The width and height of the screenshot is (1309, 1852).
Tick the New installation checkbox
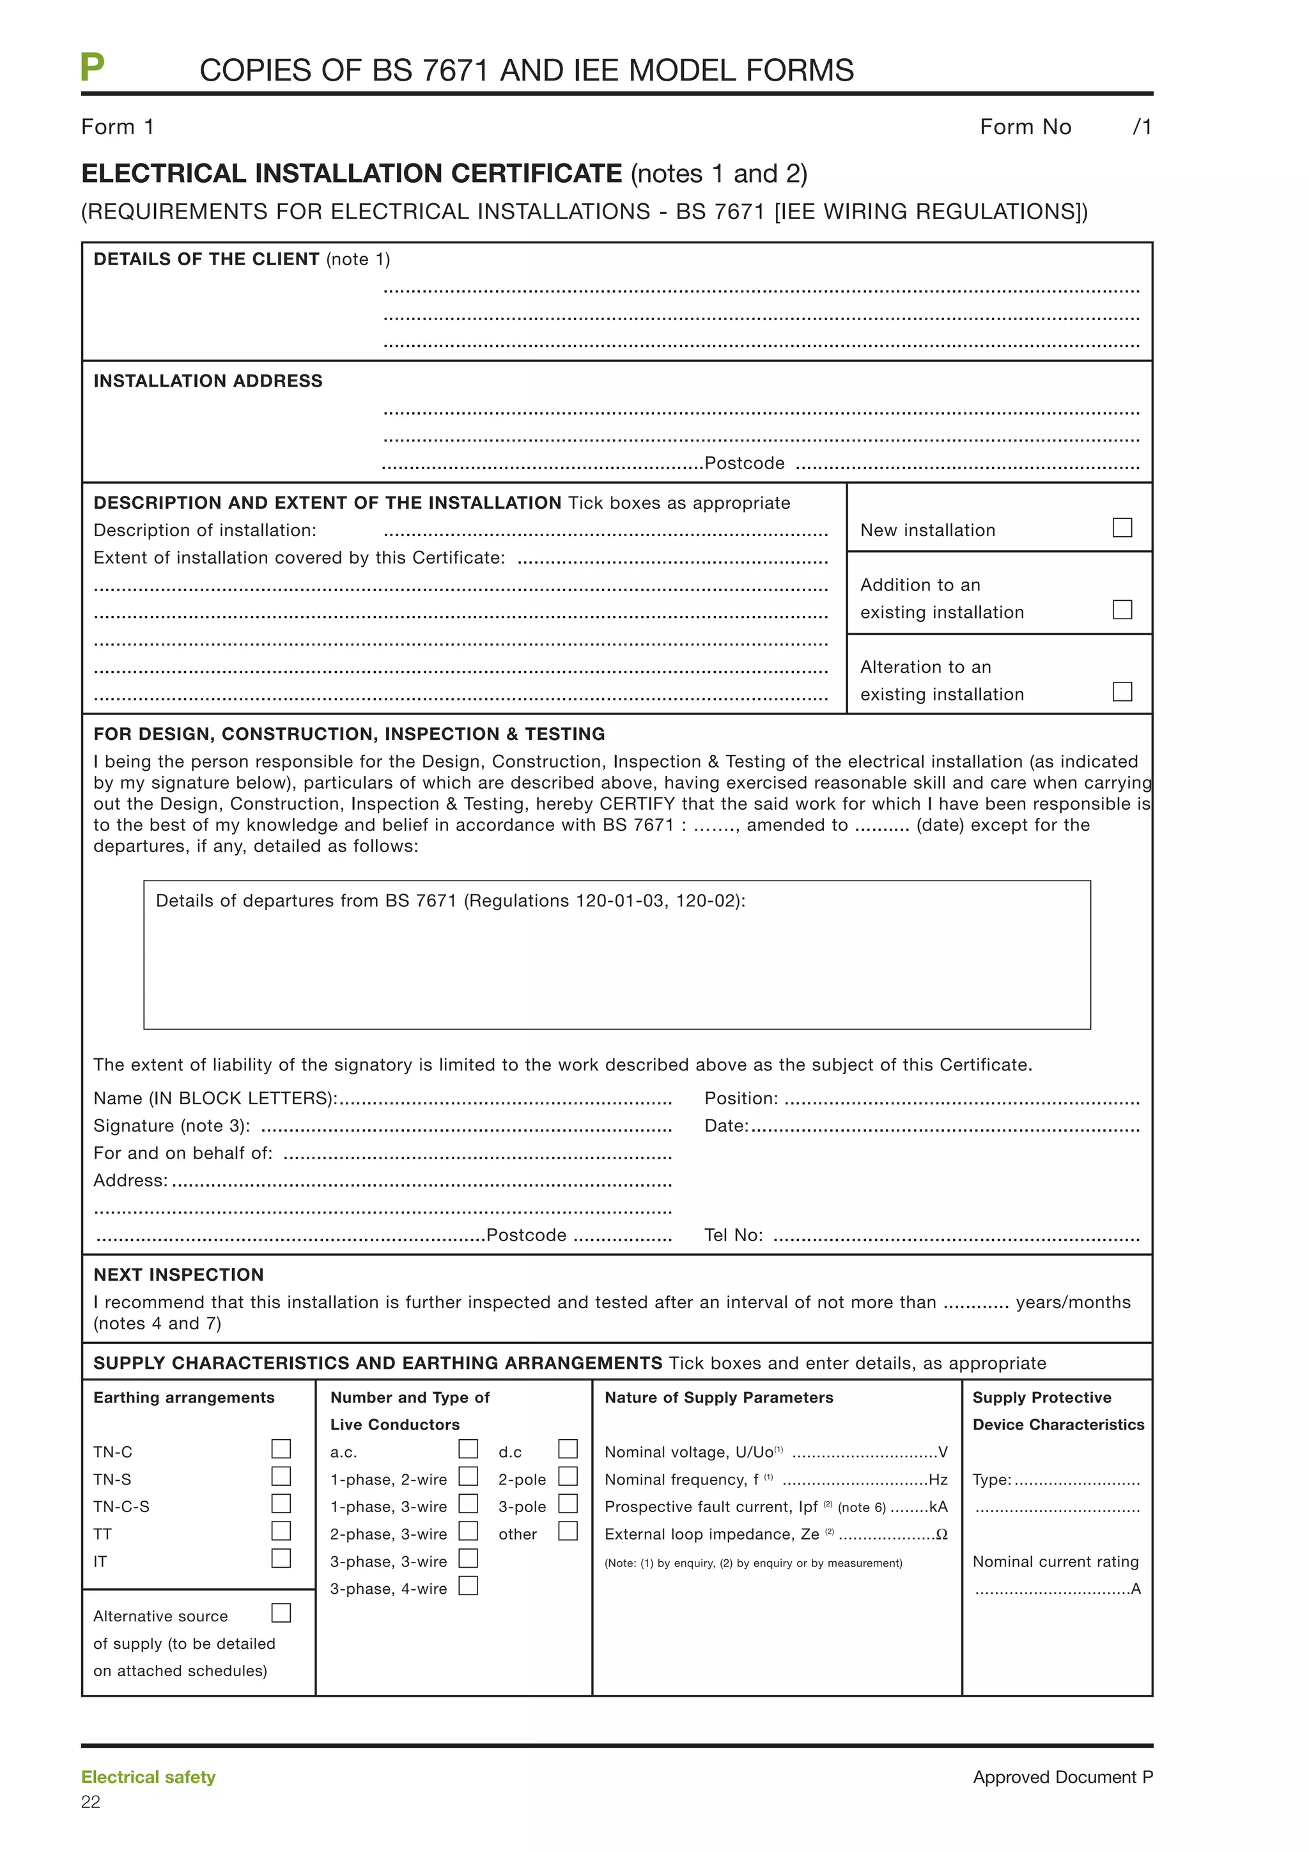coord(1122,527)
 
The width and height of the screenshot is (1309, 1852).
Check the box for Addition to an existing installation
coord(1122,609)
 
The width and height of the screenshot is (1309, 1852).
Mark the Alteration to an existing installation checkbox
coord(1122,691)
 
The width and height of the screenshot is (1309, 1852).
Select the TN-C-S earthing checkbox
coord(281,1504)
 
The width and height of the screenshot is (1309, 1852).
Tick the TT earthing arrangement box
coord(281,1531)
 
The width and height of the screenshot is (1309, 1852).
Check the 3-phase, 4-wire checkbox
coord(468,1586)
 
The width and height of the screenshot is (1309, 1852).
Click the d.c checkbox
coord(568,1449)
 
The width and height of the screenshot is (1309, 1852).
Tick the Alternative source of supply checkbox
coord(281,1613)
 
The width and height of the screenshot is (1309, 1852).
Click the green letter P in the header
coord(92,67)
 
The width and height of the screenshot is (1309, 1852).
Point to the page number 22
coord(90,1802)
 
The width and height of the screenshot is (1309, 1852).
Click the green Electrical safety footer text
coord(148,1777)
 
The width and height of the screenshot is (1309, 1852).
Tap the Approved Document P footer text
coord(1062,1777)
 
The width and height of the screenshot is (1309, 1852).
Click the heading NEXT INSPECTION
coord(178,1274)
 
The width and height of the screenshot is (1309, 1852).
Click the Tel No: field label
coord(733,1235)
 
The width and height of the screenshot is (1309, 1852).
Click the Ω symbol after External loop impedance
coord(941,1534)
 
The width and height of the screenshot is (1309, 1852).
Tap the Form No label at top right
coord(1025,127)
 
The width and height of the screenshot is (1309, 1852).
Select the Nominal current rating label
coord(1055,1562)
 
